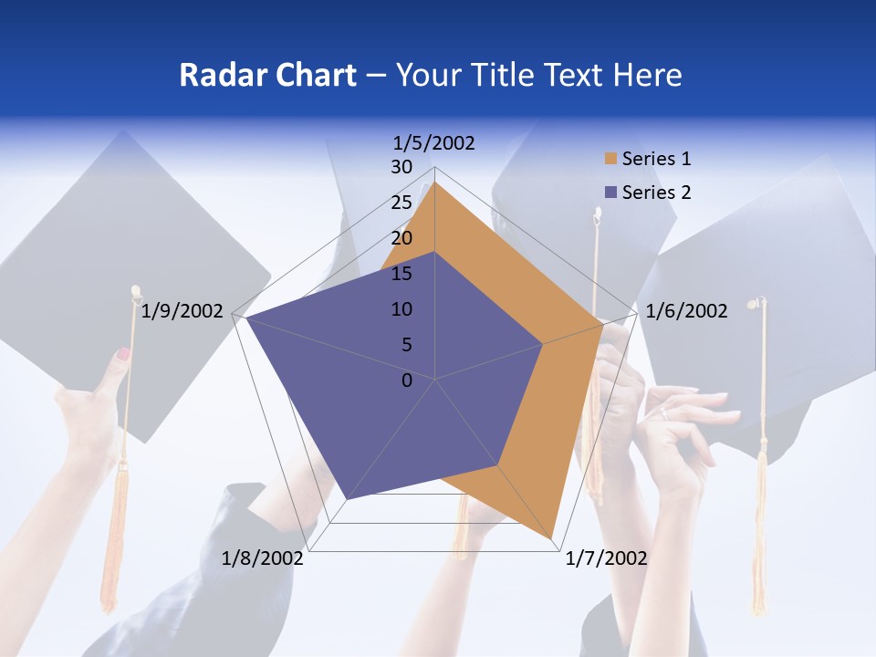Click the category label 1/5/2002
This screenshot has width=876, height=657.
(433, 142)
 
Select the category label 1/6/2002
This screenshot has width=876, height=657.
(686, 311)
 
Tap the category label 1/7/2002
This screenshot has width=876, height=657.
(606, 558)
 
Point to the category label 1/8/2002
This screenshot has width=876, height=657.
(263, 558)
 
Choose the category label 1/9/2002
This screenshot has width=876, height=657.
(182, 311)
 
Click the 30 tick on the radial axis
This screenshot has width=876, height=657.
(401, 167)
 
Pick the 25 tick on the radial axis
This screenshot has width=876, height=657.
(401, 203)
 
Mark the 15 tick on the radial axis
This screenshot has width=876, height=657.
(401, 274)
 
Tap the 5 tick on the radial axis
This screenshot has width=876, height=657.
(406, 345)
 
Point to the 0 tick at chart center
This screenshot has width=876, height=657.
(407, 381)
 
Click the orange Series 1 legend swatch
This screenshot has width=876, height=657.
(611, 159)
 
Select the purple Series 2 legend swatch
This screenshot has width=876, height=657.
(611, 193)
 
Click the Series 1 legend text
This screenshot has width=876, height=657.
(656, 159)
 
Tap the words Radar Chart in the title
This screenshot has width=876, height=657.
(267, 75)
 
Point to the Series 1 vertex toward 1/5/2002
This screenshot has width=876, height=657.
(435, 182)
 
